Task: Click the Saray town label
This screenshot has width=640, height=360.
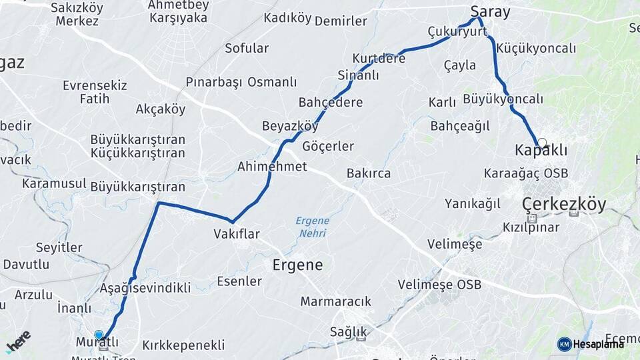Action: coord(490,11)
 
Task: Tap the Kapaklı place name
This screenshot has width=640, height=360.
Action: coord(541,151)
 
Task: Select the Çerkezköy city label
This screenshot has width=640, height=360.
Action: coord(564,204)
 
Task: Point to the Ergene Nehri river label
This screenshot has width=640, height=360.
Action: coord(312,227)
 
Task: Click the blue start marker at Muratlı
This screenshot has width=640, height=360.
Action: coord(99,335)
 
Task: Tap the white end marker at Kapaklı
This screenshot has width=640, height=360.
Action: coord(542,143)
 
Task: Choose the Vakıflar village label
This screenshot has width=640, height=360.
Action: coord(236,233)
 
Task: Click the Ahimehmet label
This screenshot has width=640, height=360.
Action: coord(272,166)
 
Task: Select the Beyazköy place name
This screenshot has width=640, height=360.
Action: coord(290,126)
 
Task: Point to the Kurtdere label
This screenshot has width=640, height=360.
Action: coord(379,58)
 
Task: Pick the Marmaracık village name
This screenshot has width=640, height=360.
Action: coord(335,301)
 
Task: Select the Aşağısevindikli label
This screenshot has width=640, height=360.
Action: coord(145,288)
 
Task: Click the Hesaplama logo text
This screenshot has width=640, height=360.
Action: coord(599,344)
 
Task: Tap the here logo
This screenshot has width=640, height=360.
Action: coord(18,341)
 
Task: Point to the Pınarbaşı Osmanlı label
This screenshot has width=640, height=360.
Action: coord(241,82)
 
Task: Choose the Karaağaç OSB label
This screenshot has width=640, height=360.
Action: coord(526,173)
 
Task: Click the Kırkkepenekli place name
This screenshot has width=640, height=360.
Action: coord(183,345)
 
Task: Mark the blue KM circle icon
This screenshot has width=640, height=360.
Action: coord(565,344)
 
